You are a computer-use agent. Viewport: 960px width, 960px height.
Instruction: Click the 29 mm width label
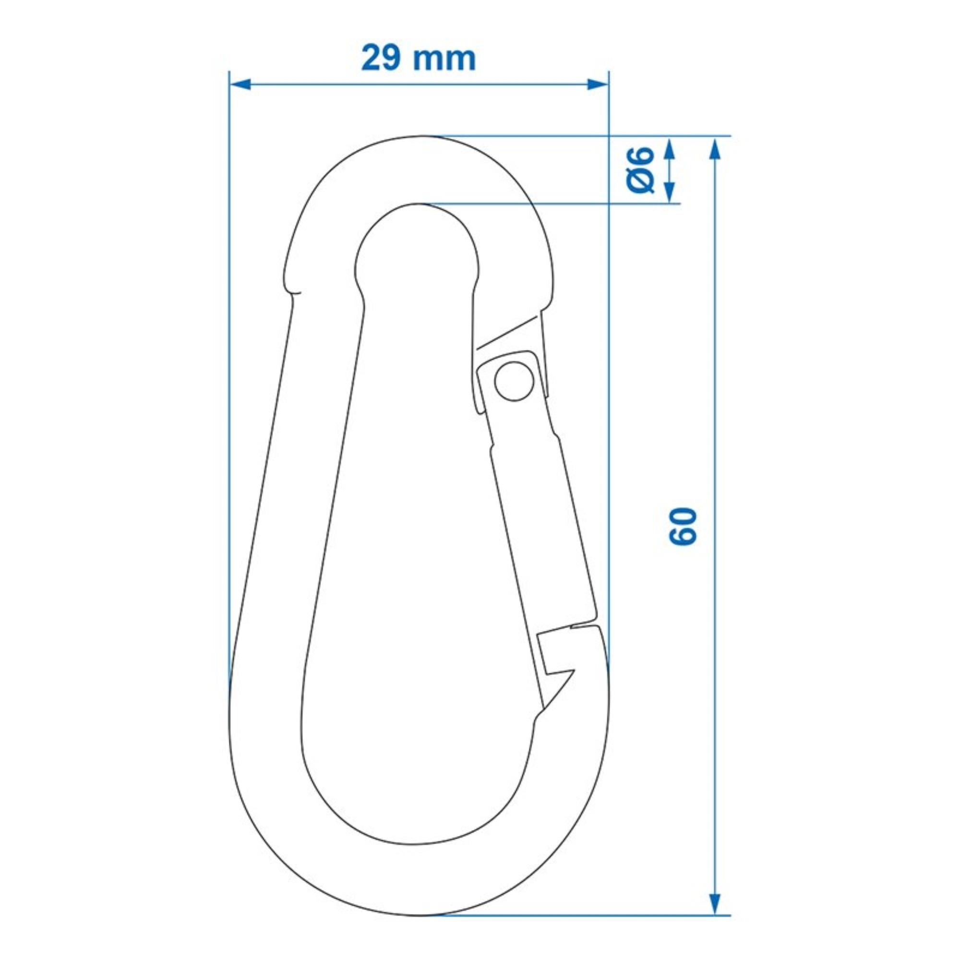pos(418,59)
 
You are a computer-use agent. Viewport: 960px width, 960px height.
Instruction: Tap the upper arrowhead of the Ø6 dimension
pos(669,147)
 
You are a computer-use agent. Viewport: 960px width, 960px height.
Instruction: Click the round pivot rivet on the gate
pos(514,381)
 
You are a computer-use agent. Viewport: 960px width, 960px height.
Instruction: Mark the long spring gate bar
pos(541,527)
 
